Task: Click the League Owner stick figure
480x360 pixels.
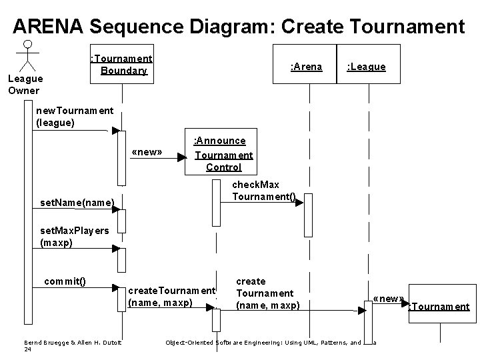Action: coord(27,55)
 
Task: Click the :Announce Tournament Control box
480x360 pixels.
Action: coord(223,154)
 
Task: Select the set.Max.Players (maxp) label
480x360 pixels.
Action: coord(75,237)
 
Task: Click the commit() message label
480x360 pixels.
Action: coord(65,281)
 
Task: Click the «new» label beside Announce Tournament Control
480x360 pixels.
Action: coord(147,152)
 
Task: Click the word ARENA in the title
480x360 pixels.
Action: coord(47,26)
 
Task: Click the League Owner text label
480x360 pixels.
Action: coord(23,84)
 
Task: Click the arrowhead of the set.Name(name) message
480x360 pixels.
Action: coord(116,209)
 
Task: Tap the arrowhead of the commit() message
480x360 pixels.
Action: coord(116,288)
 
